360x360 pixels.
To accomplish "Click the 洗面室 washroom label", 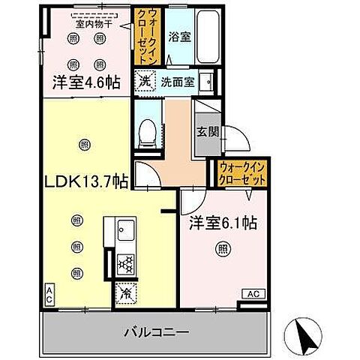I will (x=177, y=81).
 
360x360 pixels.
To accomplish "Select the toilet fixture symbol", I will (x=148, y=133).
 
